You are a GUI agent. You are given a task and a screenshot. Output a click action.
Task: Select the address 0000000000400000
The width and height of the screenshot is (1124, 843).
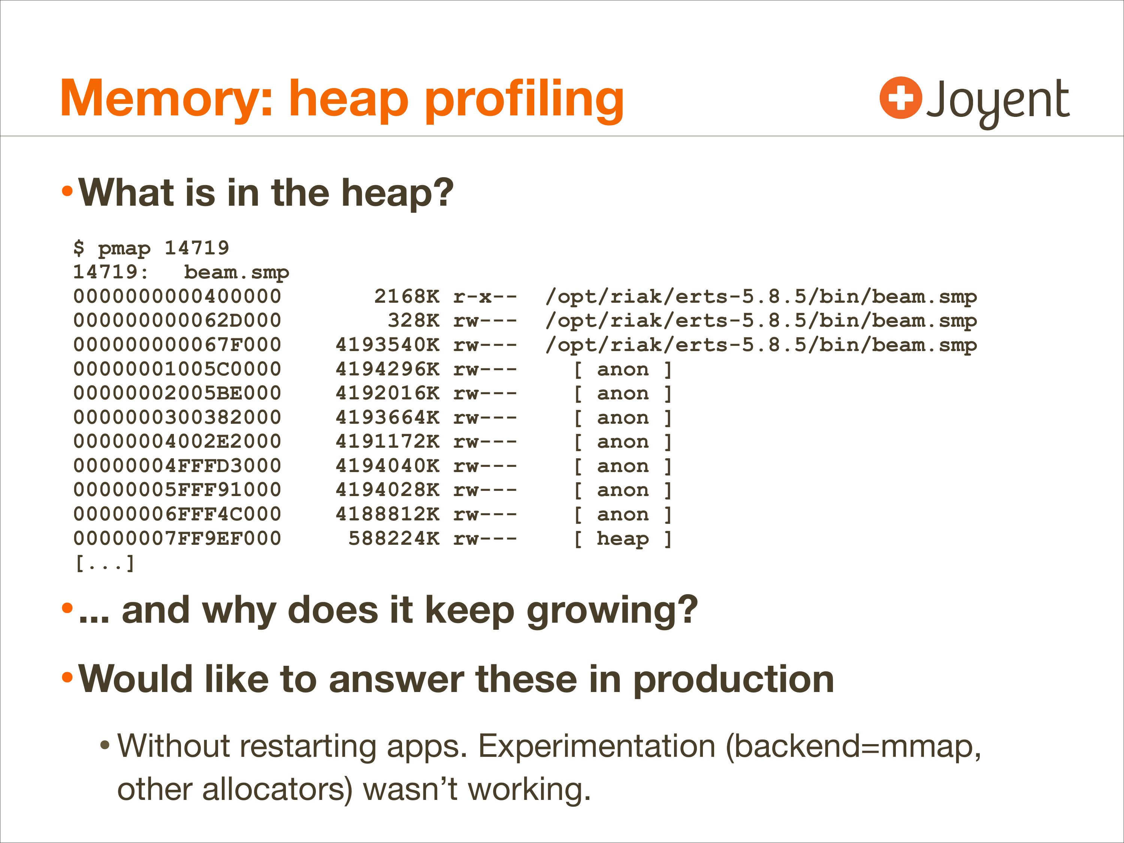(177, 296)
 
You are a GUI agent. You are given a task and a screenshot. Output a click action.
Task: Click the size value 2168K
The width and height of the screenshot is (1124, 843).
(407, 296)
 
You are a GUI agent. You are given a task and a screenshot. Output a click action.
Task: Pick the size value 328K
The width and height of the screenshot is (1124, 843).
(414, 321)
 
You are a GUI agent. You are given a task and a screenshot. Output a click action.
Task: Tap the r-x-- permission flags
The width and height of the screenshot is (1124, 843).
(485, 296)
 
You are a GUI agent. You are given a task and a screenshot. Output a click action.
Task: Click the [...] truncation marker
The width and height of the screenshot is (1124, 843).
(105, 563)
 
